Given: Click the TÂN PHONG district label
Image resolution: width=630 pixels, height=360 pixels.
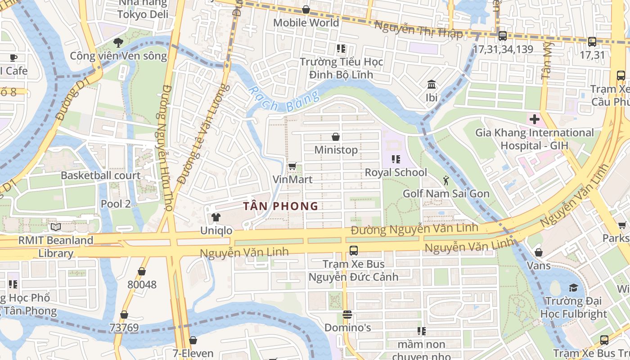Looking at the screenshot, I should point(281,207).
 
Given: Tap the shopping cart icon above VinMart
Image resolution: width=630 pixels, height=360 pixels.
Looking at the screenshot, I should point(292,166).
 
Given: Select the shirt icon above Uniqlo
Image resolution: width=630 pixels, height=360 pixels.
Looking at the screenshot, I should point(216,218).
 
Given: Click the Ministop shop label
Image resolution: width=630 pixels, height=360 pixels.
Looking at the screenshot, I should point(336,150).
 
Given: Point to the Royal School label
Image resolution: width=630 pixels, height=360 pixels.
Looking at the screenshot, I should point(396,172).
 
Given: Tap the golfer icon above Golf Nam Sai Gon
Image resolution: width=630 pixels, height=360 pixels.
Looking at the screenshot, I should point(445,181).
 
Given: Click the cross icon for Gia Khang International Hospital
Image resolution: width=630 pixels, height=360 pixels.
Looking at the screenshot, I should point(534,120).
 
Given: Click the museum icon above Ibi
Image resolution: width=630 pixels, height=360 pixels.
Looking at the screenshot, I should point(432,85).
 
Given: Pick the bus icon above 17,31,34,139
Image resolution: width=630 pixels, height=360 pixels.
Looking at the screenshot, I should point(502,36).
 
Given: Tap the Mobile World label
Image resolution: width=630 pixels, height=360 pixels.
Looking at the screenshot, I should point(306,22).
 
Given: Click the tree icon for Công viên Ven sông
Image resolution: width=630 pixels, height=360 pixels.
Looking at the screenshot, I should point(118,43).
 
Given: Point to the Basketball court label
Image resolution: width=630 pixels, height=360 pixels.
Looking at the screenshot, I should point(101,175).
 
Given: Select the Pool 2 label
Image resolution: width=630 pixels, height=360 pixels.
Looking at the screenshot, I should point(116,203).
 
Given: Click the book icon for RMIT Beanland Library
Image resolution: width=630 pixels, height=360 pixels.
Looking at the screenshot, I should point(55,227).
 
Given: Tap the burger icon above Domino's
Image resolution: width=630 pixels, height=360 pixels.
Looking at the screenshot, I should point(347,315).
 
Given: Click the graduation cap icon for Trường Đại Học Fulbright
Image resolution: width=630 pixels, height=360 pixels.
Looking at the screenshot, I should point(573,288).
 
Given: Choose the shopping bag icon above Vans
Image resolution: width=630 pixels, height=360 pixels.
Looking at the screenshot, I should point(538,252).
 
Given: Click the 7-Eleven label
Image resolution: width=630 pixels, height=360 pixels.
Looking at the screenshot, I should point(193,353).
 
